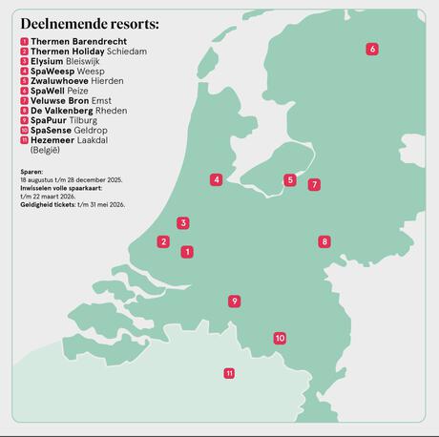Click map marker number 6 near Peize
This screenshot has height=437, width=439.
tap(372, 49)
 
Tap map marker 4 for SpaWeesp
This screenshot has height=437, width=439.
tap(217, 179)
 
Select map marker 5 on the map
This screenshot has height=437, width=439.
tap(290, 179)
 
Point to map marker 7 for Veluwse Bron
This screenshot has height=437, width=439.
tap(314, 184)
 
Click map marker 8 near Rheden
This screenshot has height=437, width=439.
tap(324, 242)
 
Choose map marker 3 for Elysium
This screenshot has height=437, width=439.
tap(182, 223)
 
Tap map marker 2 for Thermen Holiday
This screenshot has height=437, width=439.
tap(163, 242)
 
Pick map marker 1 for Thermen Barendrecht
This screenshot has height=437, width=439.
tap(187, 252)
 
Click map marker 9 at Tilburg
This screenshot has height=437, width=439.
tap(234, 302)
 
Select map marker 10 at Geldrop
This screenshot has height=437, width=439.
tap(280, 338)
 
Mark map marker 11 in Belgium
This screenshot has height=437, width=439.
tap(229, 373)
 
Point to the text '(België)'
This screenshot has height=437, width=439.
tap(46, 150)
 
